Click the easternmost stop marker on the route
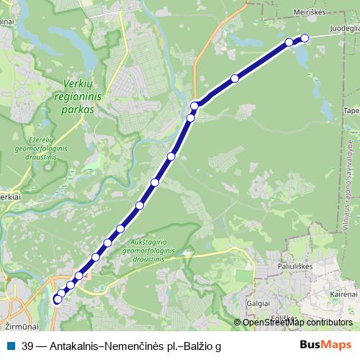[x=305, y=38]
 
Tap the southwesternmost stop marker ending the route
[x=58, y=300]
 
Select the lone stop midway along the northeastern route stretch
[x=235, y=78]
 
